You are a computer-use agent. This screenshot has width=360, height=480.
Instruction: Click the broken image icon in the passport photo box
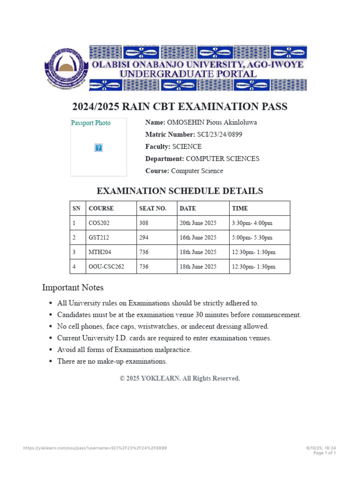tap(98, 148)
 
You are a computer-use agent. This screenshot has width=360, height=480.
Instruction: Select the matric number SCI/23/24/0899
tap(219, 135)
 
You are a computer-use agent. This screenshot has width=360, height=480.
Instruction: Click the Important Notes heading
tap(73, 287)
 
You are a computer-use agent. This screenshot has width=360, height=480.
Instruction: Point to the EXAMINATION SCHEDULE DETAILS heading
tap(180, 191)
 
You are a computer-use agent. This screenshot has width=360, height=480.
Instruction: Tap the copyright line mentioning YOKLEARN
tap(180, 378)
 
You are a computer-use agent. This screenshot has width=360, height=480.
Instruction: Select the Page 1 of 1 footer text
tap(324, 453)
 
